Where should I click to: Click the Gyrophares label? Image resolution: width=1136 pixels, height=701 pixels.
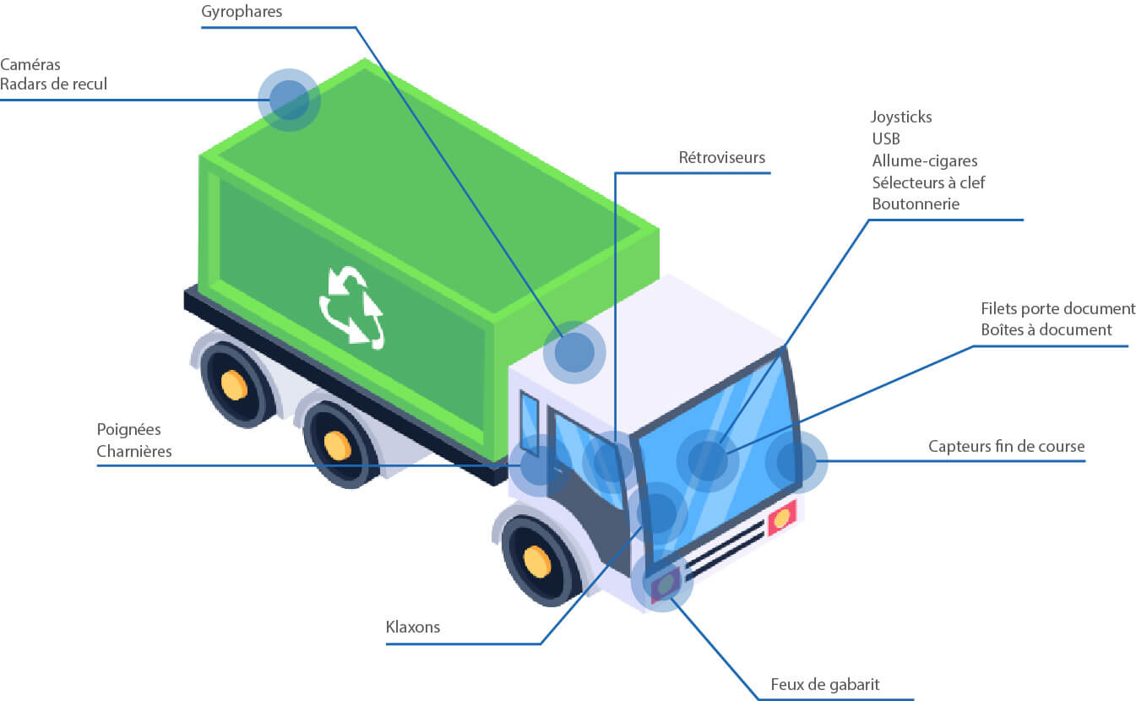tap(242, 13)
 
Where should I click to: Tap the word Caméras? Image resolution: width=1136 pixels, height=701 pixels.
tap(30, 64)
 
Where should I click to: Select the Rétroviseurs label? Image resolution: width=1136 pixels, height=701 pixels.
tap(721, 158)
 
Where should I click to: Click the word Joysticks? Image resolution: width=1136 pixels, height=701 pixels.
tap(901, 117)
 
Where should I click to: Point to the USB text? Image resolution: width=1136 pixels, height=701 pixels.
tap(886, 139)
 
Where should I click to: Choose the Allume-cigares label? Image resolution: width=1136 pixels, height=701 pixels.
tap(924, 160)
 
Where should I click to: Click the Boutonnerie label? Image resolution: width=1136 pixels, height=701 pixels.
tap(916, 204)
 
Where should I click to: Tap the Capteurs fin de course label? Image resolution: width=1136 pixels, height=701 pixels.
tap(1005, 446)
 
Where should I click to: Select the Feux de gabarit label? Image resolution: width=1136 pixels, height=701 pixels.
tap(824, 684)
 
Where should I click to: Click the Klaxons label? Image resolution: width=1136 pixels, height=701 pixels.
tap(412, 628)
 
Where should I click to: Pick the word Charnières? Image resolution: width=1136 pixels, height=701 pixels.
tap(134, 451)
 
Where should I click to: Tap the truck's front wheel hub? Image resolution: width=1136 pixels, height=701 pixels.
tap(536, 562)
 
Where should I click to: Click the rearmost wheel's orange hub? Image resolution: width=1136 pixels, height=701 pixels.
tap(234, 385)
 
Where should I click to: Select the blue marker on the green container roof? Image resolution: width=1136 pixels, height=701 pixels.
tap(289, 100)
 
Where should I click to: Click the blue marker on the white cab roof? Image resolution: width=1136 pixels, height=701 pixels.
tap(574, 352)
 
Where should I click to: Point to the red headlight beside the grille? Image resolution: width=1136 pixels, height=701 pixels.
tap(782, 517)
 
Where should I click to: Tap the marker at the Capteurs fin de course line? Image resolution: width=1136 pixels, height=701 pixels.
tap(796, 461)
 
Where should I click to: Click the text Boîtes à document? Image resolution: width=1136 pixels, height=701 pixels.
tap(1046, 329)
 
